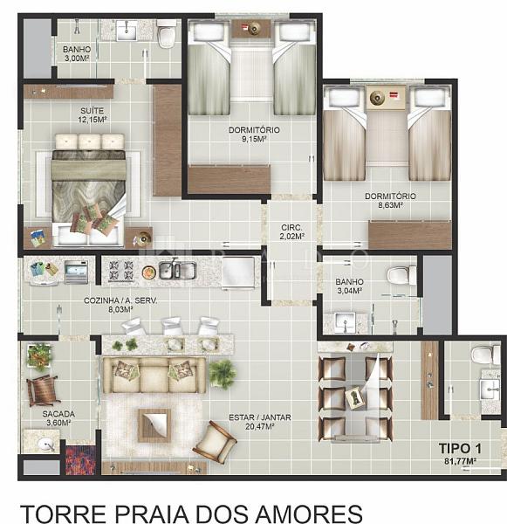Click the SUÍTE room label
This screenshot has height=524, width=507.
(x=92, y=111)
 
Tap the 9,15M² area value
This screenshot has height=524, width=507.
(x=254, y=139)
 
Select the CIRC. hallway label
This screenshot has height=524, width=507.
(x=292, y=228)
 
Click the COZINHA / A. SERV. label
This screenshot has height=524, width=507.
(x=120, y=300)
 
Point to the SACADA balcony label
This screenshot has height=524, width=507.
(x=58, y=414)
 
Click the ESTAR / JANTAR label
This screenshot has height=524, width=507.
(x=260, y=417)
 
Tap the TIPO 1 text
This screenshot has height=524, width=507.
(x=460, y=449)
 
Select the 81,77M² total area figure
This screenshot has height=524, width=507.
(x=460, y=461)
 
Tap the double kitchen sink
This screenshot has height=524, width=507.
(x=177, y=270)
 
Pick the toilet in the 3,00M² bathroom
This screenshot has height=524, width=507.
(x=166, y=33)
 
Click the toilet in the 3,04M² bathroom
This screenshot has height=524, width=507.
(x=401, y=275)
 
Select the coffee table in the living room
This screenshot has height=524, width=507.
(x=154, y=425)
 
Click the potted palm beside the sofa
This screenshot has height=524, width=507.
(x=222, y=374)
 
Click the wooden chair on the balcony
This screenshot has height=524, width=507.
(x=43, y=390)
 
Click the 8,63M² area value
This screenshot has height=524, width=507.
(x=390, y=205)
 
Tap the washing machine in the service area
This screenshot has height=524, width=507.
(x=76, y=272)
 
